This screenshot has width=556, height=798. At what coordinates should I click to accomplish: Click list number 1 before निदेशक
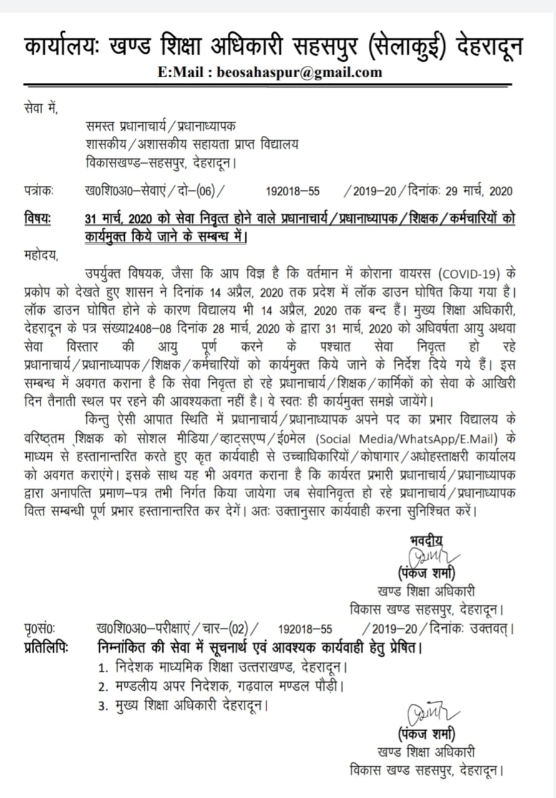tap(103, 668)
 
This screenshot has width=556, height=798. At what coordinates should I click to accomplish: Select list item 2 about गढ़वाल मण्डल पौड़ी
tap(222, 687)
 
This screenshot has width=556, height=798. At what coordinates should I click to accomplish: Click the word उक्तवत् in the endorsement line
tap(490, 628)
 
